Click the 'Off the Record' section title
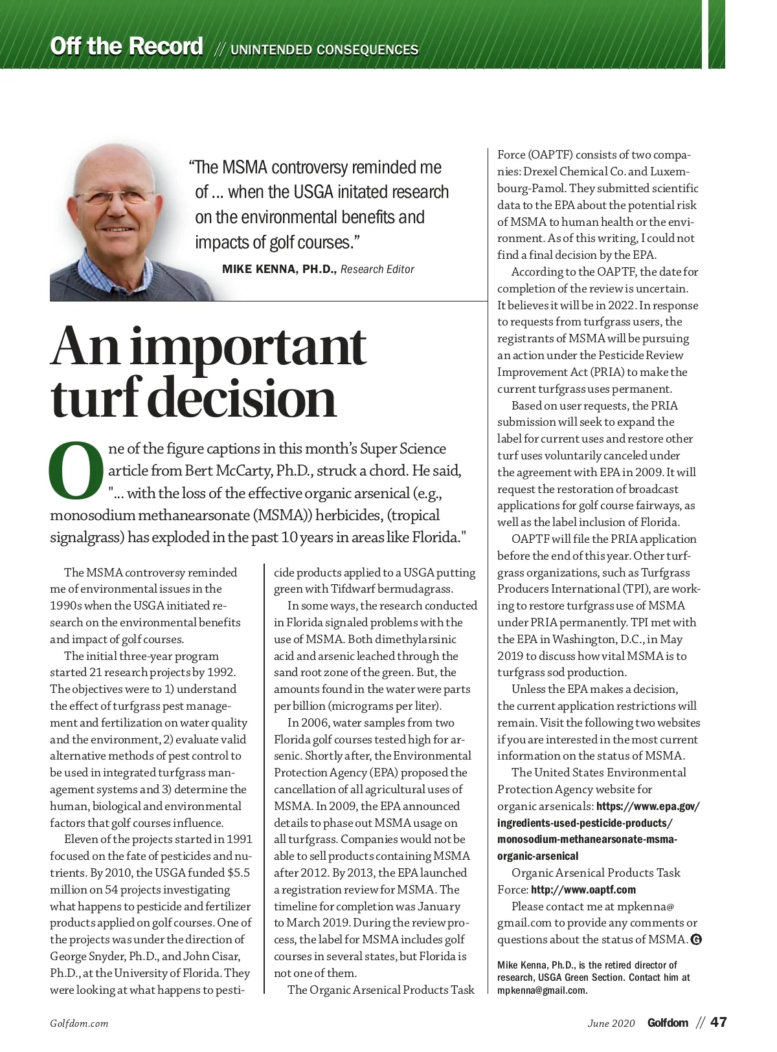[x=127, y=47]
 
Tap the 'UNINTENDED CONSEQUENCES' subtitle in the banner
[x=324, y=50]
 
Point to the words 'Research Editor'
[x=377, y=269]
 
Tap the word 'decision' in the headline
[x=243, y=399]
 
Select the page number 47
[x=719, y=1022]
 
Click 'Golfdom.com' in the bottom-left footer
[x=79, y=1024]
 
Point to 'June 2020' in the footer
[x=611, y=1024]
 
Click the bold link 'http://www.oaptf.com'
[x=583, y=890]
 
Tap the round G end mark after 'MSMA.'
[x=696, y=939]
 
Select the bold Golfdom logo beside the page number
[x=668, y=1023]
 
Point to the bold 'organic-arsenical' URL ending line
[x=538, y=856]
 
